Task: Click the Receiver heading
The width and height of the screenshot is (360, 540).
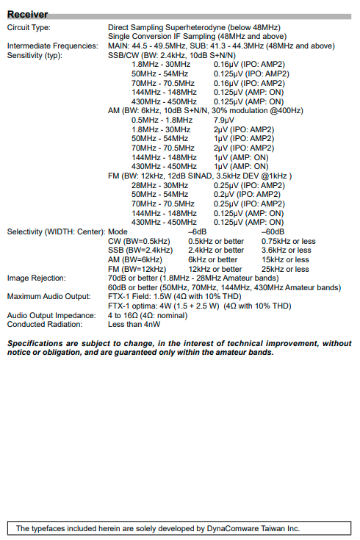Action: click(x=28, y=14)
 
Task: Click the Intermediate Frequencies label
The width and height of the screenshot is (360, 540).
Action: click(x=50, y=46)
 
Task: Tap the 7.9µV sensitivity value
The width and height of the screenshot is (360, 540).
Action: click(x=224, y=120)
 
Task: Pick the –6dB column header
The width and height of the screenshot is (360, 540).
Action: click(x=198, y=231)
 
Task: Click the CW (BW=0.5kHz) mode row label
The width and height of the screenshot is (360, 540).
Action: click(x=136, y=241)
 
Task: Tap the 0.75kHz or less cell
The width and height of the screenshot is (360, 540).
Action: click(x=288, y=241)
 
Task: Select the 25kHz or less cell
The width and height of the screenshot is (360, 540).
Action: click(x=285, y=269)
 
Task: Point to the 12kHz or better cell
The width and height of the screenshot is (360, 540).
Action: click(x=215, y=269)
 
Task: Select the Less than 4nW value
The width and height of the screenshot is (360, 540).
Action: click(x=134, y=324)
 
